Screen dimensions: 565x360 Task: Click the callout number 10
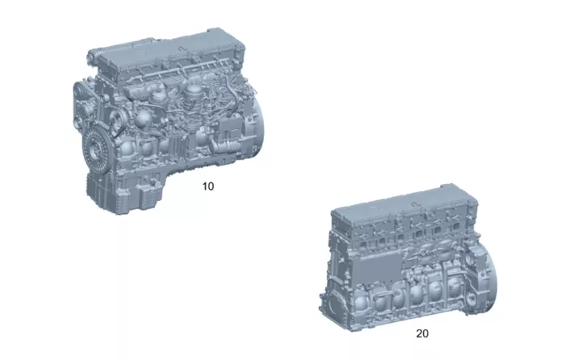[208, 186]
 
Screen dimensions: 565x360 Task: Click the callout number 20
[422, 333]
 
